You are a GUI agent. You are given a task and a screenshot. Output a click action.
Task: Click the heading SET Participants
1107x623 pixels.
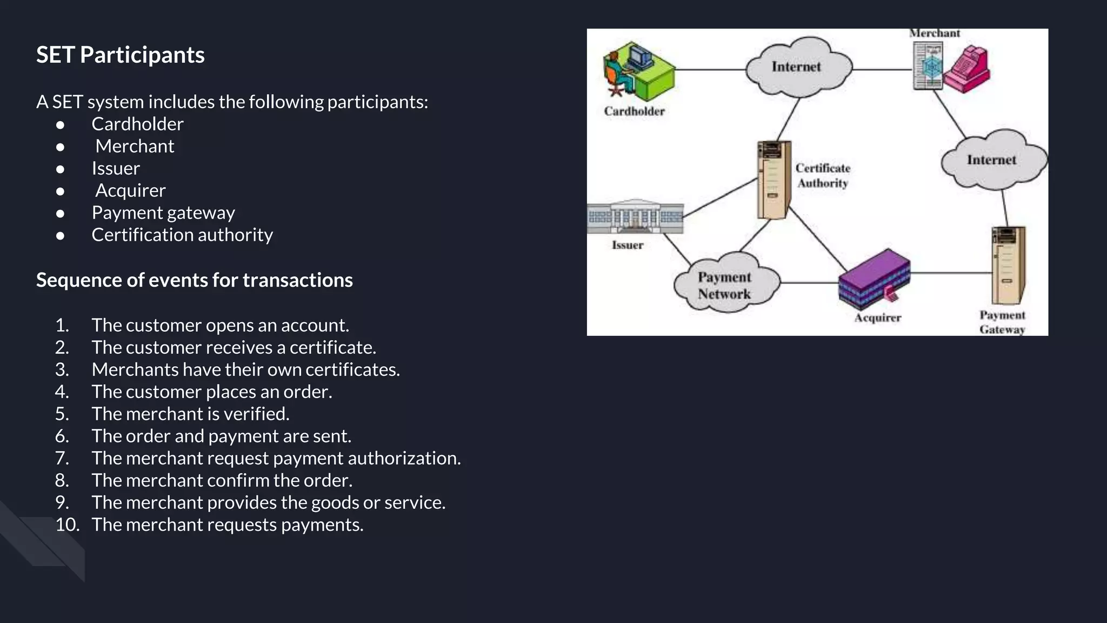click(x=120, y=55)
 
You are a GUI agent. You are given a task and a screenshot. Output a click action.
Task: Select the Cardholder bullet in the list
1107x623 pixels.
click(x=137, y=124)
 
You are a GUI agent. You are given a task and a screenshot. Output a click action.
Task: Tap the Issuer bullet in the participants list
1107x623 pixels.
click(x=116, y=169)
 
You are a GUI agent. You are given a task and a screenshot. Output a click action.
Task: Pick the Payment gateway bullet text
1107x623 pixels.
click(x=163, y=213)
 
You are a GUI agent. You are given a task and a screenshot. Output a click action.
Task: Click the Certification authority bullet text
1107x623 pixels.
click(x=182, y=235)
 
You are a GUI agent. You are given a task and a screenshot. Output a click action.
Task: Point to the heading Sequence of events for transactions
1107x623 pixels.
click(x=194, y=280)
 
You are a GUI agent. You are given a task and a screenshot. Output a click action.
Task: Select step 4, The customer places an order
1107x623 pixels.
click(x=211, y=392)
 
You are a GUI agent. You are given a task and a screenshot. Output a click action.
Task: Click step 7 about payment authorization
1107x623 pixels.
click(x=276, y=459)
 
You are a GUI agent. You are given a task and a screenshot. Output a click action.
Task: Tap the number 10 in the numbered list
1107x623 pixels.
click(x=67, y=525)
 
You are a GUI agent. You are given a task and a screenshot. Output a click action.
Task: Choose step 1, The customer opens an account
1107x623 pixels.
click(x=220, y=326)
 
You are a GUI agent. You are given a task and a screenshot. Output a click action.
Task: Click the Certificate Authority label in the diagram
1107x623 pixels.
click(x=823, y=176)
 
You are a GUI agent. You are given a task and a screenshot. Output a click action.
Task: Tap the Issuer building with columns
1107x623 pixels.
click(x=636, y=216)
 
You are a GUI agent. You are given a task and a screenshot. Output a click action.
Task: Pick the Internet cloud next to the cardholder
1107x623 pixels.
click(x=797, y=67)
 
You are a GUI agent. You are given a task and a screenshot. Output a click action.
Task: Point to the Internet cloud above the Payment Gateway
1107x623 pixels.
click(x=992, y=160)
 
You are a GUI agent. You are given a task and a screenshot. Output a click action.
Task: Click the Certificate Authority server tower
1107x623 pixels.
click(x=773, y=180)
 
